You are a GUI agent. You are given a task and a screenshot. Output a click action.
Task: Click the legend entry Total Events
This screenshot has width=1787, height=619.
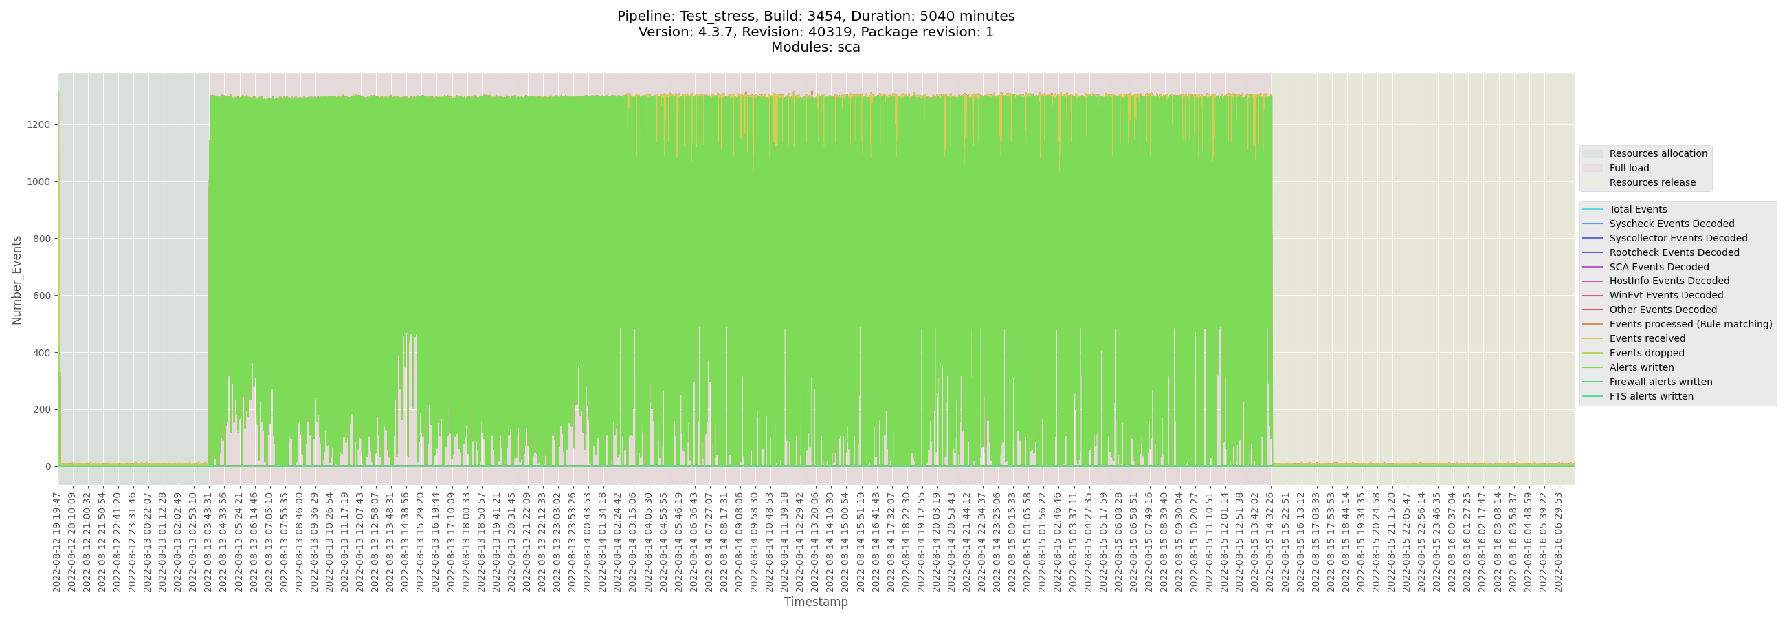[1638, 210]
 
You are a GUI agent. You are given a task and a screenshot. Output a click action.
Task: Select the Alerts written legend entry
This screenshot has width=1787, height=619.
[1641, 368]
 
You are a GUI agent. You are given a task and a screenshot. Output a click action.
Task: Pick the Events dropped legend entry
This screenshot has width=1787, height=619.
[1646, 354]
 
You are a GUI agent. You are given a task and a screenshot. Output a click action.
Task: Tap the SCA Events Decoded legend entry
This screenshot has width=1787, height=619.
[1658, 267]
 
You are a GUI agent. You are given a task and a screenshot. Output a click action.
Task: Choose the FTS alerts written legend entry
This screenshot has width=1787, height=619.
[1651, 397]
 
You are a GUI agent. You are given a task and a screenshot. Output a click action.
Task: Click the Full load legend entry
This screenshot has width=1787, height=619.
[1629, 168]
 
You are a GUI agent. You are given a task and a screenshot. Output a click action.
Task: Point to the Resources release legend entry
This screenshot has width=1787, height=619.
[1652, 182]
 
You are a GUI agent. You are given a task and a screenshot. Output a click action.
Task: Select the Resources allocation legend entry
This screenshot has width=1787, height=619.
[1658, 153]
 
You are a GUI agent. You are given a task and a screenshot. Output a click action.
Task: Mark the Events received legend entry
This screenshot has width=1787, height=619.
[1647, 338]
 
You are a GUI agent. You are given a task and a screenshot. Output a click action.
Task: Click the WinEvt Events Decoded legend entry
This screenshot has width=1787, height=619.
[1665, 296]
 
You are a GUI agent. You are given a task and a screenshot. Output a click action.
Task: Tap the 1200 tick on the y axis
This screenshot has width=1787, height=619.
[39, 125]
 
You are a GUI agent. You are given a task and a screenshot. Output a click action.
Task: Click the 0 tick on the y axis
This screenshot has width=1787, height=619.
[48, 466]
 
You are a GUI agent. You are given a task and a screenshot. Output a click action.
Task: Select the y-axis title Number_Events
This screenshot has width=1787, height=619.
[16, 280]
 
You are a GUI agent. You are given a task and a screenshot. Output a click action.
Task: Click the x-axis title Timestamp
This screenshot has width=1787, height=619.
[816, 602]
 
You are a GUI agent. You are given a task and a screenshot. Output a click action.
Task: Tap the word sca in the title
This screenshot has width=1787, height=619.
[848, 47]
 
